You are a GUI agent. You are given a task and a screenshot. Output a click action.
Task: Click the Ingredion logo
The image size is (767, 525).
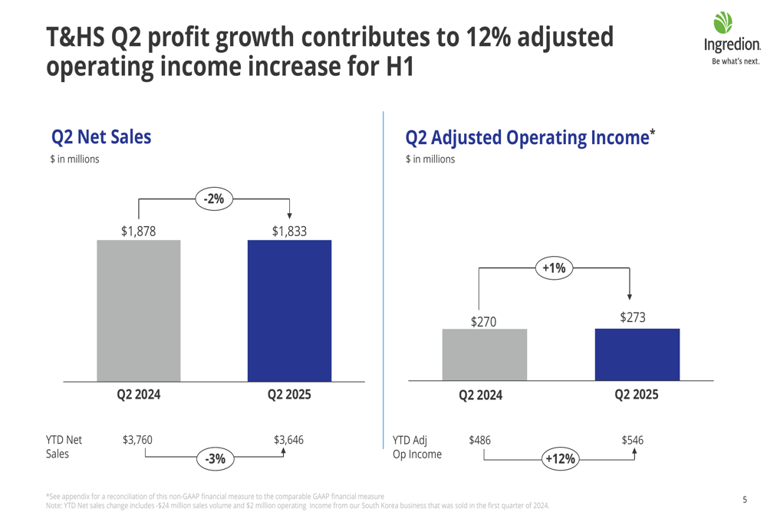pyautogui.click(x=731, y=38)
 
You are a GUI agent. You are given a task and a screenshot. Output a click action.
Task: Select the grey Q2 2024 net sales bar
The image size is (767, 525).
pyautogui.click(x=138, y=310)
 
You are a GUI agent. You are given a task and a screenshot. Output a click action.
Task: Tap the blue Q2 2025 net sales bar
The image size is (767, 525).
pyautogui.click(x=289, y=310)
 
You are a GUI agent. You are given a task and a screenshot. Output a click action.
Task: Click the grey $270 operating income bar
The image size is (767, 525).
pyautogui.click(x=484, y=355)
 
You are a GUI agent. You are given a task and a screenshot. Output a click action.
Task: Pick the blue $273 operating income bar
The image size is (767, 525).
pyautogui.click(x=637, y=355)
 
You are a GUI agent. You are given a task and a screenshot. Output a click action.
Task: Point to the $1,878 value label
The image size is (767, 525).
pyautogui.click(x=138, y=230)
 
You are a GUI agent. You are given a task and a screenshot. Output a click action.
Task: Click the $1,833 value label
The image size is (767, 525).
pyautogui.click(x=289, y=230)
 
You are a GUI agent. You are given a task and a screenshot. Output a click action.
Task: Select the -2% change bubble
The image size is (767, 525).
pyautogui.click(x=214, y=199)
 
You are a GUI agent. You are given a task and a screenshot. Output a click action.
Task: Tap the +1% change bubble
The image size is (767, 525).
pyautogui.click(x=553, y=267)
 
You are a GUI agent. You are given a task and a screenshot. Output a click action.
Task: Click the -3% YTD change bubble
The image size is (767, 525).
pyautogui.click(x=216, y=459)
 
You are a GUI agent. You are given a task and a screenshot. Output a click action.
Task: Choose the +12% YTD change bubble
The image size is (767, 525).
pyautogui.click(x=560, y=459)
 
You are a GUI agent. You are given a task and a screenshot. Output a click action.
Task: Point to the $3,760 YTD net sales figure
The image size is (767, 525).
pyautogui.click(x=137, y=440)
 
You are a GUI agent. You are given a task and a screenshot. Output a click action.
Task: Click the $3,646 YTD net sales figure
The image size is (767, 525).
pyautogui.click(x=288, y=440)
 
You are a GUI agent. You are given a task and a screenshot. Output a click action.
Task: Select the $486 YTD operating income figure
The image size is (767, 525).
pyautogui.click(x=479, y=440)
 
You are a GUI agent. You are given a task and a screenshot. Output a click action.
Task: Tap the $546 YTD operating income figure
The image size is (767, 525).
pyautogui.click(x=632, y=440)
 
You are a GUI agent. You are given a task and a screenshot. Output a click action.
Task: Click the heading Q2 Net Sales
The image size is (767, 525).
pyautogui.click(x=101, y=137)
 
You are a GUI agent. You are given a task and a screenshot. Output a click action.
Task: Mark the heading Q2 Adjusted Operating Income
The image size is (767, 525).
pyautogui.click(x=527, y=138)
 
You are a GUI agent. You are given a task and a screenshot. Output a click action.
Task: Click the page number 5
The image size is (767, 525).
pyautogui.click(x=745, y=500)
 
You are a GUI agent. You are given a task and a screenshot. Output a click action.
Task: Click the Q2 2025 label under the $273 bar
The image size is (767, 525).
pyautogui.click(x=637, y=395)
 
